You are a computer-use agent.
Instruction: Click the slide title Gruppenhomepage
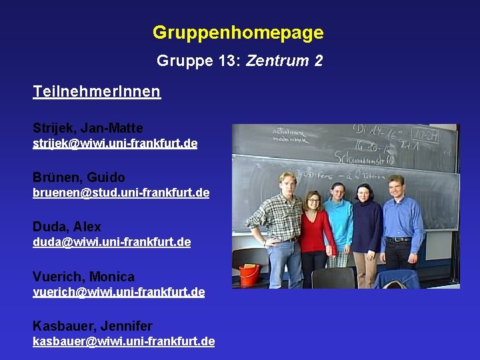238,33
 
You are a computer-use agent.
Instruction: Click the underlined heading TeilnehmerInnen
97,91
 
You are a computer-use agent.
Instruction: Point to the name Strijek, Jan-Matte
88,127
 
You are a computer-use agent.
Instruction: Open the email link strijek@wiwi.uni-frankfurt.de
115,143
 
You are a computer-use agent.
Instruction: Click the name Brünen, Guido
79,177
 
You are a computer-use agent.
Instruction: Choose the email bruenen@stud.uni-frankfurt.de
121,193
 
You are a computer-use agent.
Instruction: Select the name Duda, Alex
67,227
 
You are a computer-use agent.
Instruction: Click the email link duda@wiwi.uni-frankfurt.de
111,242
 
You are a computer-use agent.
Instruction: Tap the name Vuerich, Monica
83,276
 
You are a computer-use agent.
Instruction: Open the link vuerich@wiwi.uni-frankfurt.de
119,292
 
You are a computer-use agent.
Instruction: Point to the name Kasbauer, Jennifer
92,326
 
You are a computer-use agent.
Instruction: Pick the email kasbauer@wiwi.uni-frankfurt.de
123,341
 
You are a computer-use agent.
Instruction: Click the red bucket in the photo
249,275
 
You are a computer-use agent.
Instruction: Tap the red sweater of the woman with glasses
315,231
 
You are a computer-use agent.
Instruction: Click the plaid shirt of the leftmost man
277,217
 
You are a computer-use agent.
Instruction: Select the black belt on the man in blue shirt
398,239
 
